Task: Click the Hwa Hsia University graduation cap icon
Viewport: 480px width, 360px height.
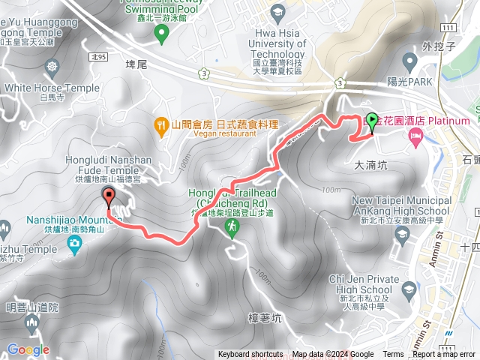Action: [279, 12]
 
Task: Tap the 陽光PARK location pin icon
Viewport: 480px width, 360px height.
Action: [409, 60]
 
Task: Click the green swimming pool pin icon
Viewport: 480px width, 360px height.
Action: [160, 32]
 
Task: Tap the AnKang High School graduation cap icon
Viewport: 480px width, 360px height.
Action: [402, 234]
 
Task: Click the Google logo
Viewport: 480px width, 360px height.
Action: [28, 349]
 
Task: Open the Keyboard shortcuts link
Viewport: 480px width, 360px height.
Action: [250, 355]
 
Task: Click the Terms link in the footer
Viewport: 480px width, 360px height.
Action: [393, 355]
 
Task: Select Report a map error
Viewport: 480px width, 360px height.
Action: [444, 355]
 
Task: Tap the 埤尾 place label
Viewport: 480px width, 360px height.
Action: [138, 65]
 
